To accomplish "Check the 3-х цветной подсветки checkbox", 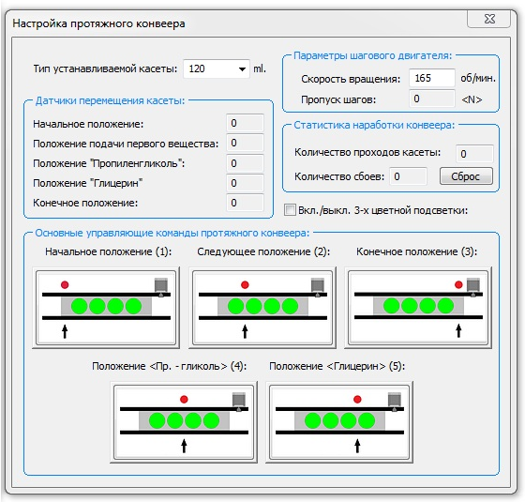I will [x=290, y=210].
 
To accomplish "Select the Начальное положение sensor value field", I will [x=245, y=123].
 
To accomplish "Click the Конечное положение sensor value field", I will [x=245, y=203].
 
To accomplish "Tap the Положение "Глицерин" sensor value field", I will [x=245, y=183].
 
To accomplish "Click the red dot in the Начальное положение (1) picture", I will [x=65, y=284].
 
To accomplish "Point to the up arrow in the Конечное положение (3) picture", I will [x=458, y=329].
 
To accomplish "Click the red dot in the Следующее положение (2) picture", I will [x=245, y=284].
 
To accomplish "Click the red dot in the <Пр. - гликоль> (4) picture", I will [x=184, y=399].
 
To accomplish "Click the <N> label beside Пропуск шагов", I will [x=472, y=99].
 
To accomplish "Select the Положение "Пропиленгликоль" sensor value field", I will [x=245, y=163].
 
